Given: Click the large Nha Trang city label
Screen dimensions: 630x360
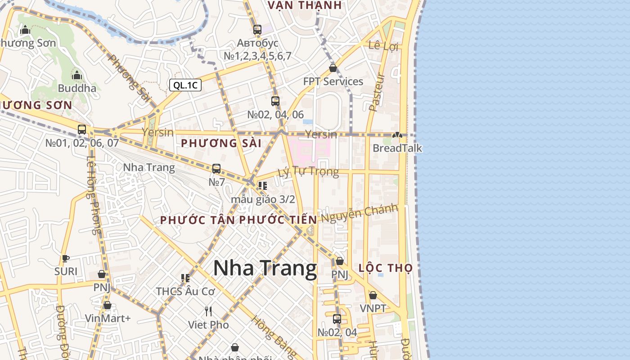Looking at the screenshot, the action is pyautogui.click(x=265, y=268).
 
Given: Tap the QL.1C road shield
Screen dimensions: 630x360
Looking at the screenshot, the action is pyautogui.click(x=185, y=85).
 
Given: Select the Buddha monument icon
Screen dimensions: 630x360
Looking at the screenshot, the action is pyautogui.click(x=77, y=75).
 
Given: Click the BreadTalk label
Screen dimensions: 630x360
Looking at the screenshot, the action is pyautogui.click(x=397, y=148).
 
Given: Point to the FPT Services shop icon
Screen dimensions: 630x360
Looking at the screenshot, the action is pyautogui.click(x=333, y=68).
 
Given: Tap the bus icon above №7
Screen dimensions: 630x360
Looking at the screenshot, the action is pyautogui.click(x=216, y=169).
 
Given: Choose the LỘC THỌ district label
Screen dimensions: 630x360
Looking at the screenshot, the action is pyautogui.click(x=385, y=268).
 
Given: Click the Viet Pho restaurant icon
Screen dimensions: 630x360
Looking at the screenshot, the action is pyautogui.click(x=208, y=311).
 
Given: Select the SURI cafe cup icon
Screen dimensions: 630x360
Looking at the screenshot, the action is pyautogui.click(x=66, y=258).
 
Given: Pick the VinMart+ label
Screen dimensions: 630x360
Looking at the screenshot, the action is pyautogui.click(x=108, y=319).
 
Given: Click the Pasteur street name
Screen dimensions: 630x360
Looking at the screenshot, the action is pyautogui.click(x=376, y=92).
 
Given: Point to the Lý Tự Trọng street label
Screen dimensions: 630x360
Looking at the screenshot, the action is pyautogui.click(x=308, y=172).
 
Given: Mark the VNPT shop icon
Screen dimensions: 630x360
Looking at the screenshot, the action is pyautogui.click(x=373, y=295).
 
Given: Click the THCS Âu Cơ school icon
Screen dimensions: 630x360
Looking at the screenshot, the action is pyautogui.click(x=185, y=278).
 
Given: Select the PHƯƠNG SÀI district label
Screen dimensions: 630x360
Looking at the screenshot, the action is pyautogui.click(x=221, y=144).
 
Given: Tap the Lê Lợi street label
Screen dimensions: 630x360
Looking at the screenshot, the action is pyautogui.click(x=383, y=45).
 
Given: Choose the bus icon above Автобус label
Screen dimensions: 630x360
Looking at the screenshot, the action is pyautogui.click(x=257, y=30).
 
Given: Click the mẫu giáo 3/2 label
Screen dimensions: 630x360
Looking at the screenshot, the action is pyautogui.click(x=263, y=199).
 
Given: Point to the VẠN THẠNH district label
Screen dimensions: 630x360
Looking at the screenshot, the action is pyautogui.click(x=305, y=5).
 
